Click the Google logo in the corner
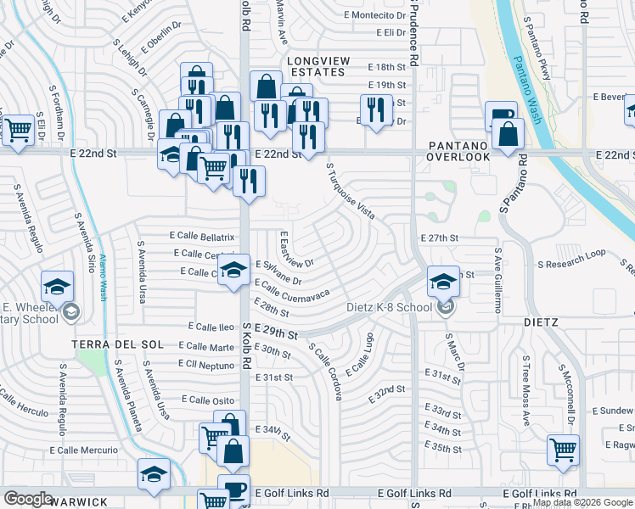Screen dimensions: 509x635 (28, 499)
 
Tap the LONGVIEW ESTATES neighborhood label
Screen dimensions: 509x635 (316, 66)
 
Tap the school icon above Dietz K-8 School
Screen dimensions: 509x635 (443, 282)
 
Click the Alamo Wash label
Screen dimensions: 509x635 (102, 277)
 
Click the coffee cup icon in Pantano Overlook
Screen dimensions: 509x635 (500, 115)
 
